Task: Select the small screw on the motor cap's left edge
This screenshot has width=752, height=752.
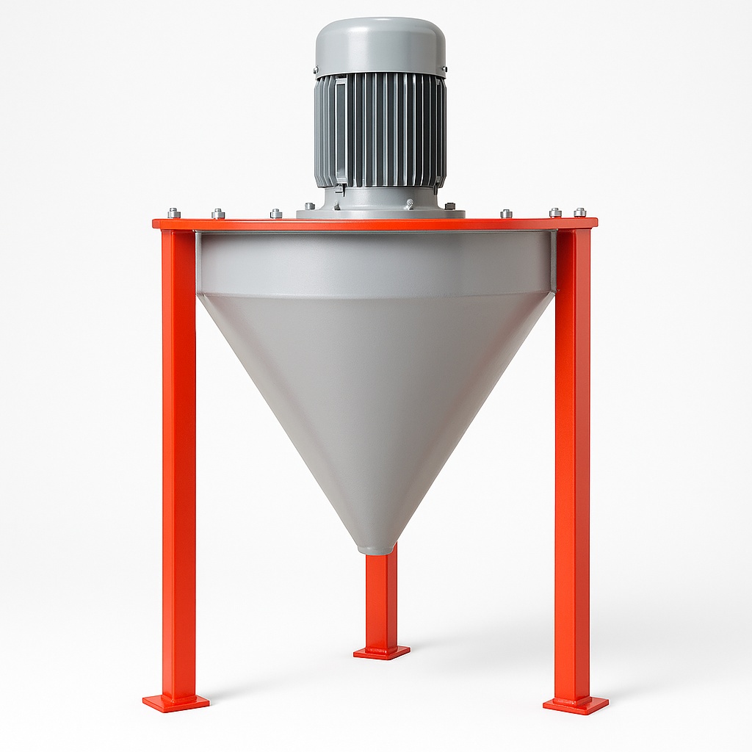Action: point(317,71)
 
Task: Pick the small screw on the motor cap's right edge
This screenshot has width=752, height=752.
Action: point(443,71)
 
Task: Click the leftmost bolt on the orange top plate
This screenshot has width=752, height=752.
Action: point(173,213)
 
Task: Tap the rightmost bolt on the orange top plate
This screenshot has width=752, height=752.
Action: point(580,212)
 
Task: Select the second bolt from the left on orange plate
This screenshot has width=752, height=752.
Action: point(218,214)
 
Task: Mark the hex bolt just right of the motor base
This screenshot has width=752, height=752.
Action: point(449,207)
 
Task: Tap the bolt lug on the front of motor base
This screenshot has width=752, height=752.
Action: point(408,203)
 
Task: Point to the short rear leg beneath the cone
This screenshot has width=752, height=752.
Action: point(381,599)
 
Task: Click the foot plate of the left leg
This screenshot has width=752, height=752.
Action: point(176,703)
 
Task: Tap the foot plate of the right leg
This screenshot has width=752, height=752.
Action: point(576,705)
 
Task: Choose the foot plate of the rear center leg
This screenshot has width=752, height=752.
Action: point(381,652)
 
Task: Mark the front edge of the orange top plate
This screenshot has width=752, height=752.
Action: point(375,224)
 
